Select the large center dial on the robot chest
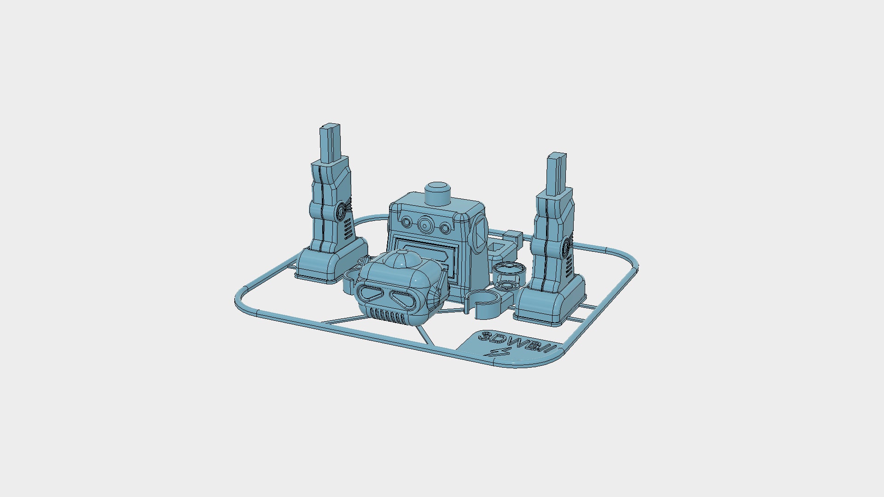425,225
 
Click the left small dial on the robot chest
407,223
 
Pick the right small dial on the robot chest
444,228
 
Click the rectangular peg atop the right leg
557,173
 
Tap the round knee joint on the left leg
341,211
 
